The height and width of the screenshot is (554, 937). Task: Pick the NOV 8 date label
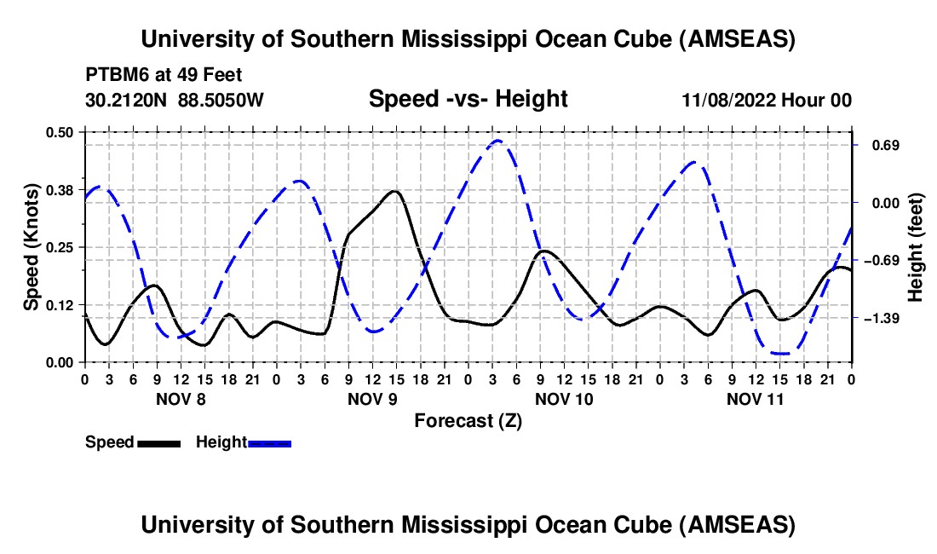click(181, 399)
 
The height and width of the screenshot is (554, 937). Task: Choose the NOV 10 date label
click(564, 399)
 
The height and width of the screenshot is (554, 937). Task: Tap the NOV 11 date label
click(756, 399)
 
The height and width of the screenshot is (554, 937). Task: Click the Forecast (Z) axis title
click(468, 420)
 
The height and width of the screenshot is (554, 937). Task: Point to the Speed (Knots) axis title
click(32, 247)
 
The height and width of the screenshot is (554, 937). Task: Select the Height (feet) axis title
click(915, 247)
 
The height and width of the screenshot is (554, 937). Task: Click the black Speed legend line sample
click(158, 443)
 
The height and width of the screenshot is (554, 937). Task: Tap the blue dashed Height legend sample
click(269, 443)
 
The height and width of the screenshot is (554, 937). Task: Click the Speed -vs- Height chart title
click(468, 100)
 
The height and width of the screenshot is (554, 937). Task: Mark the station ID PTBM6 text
click(114, 75)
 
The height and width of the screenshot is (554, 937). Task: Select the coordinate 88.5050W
click(221, 100)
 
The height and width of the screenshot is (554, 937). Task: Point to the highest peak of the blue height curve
click(498, 141)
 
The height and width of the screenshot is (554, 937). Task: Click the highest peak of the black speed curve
click(394, 191)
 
